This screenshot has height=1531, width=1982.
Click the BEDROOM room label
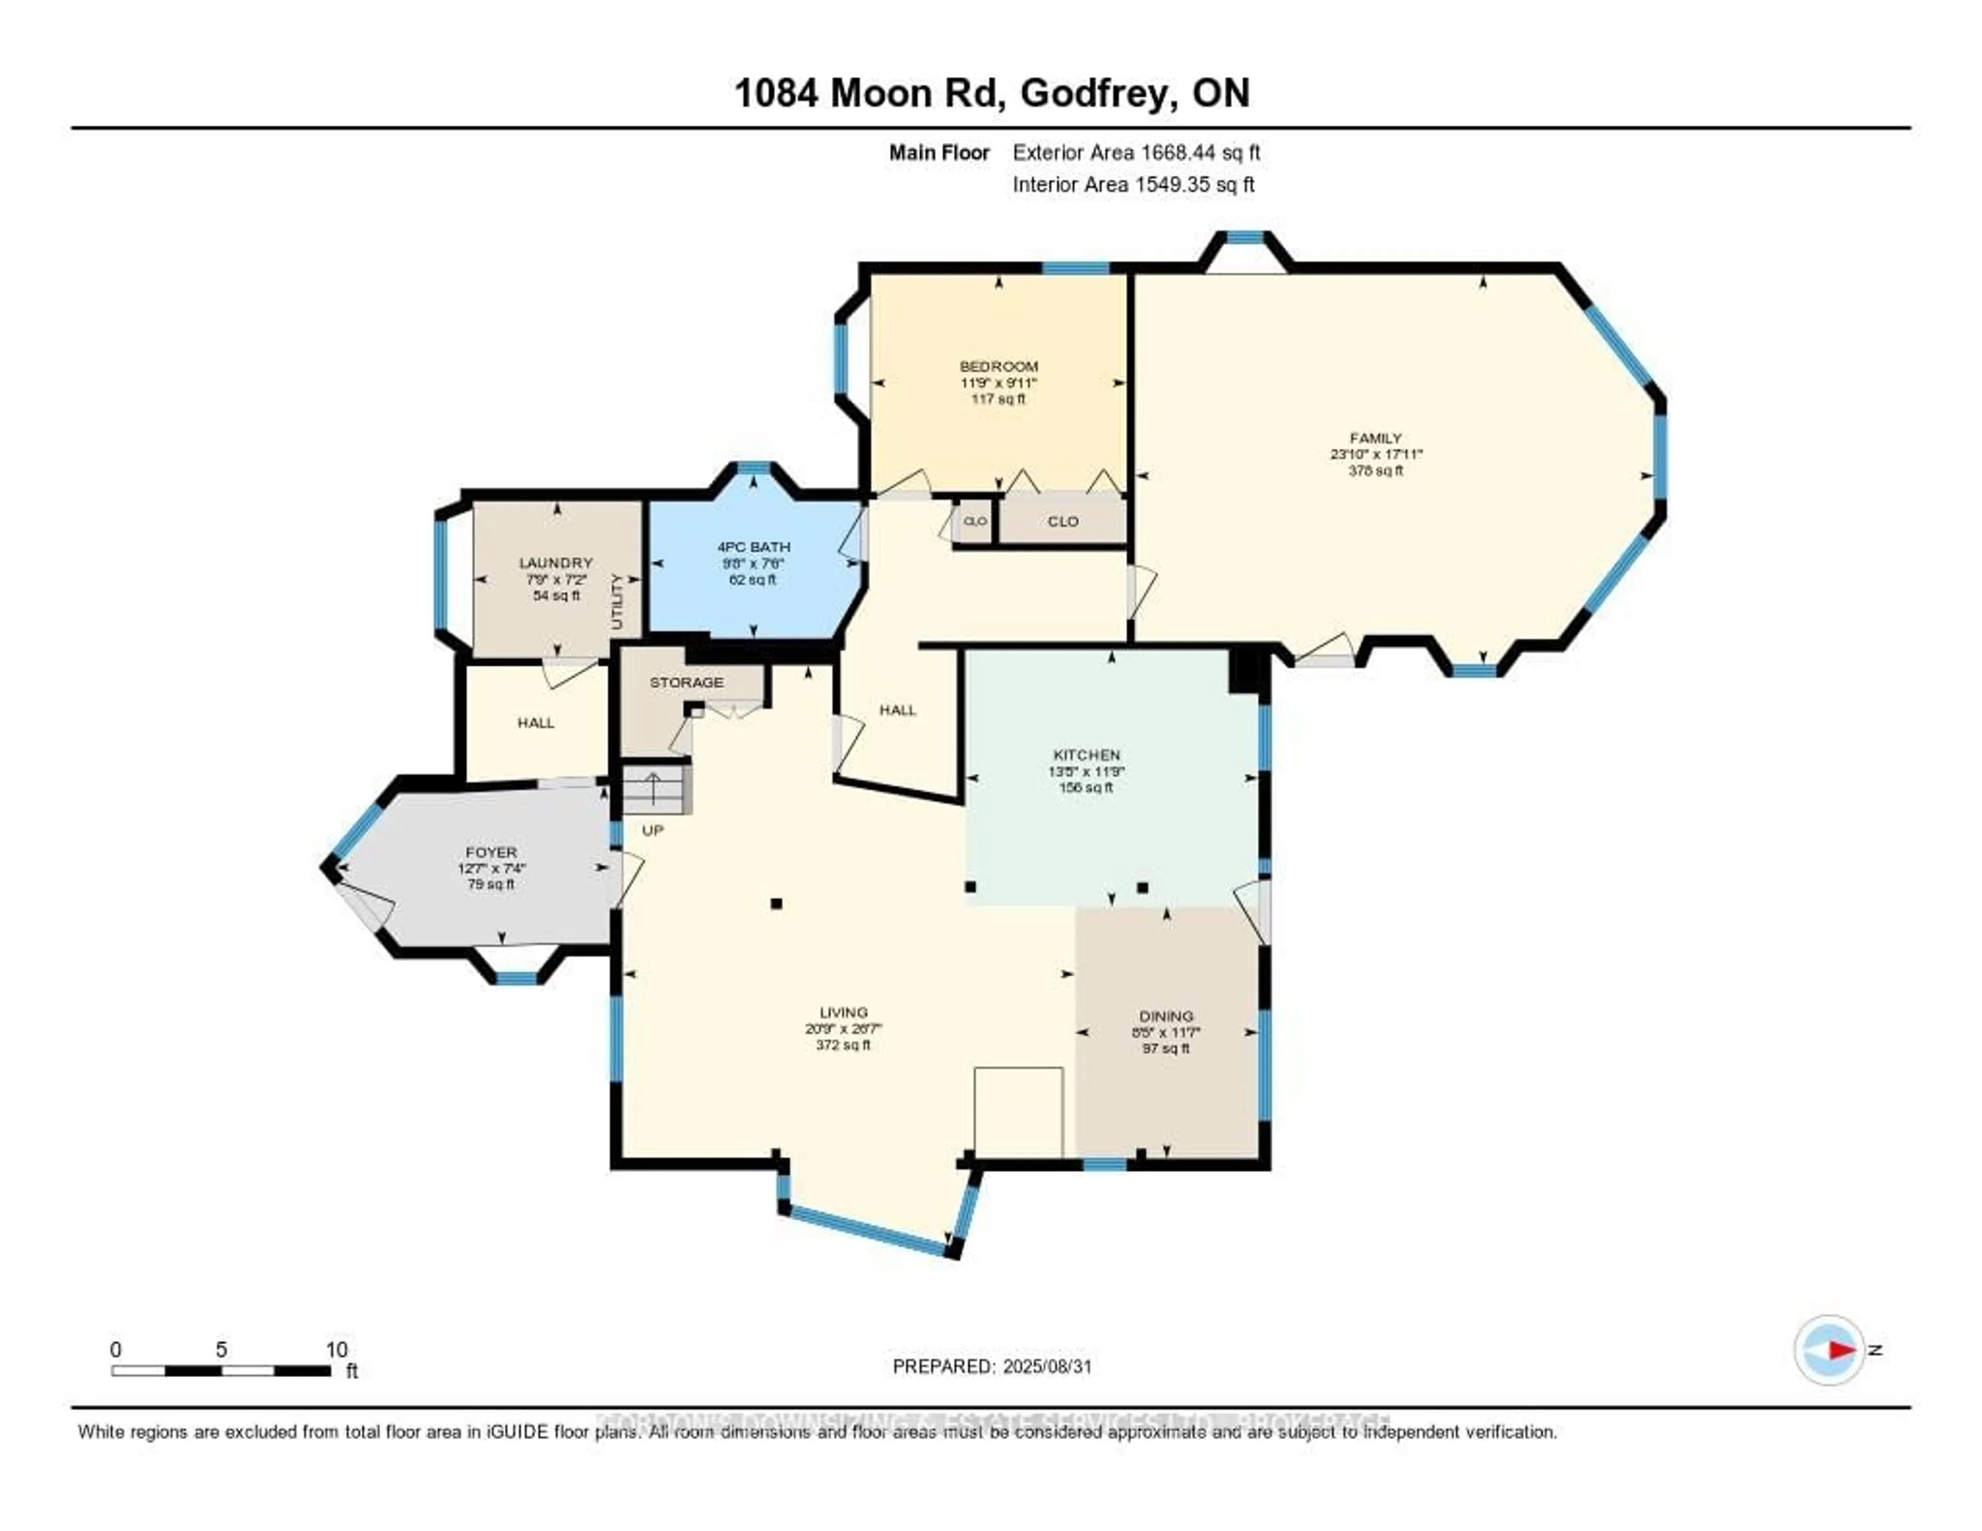pyautogui.click(x=998, y=366)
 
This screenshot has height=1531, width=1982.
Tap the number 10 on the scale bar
pyautogui.click(x=337, y=1349)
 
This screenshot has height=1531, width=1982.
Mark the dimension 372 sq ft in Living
pyautogui.click(x=843, y=1045)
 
